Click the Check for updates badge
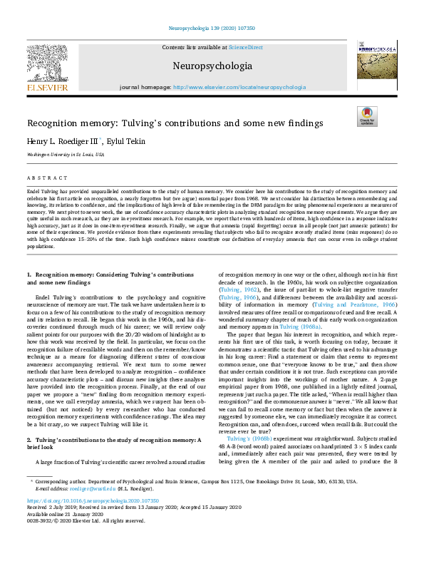click(367, 116)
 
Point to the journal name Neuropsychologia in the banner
click(212, 66)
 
